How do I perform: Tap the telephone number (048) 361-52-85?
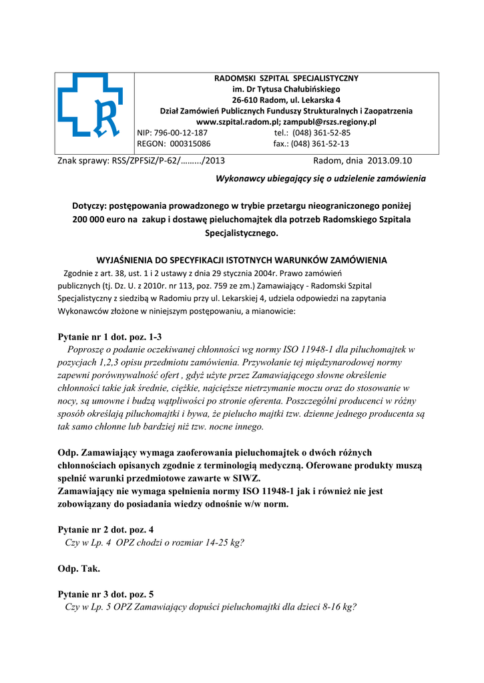pos(322,133)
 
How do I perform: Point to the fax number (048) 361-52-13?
pos(322,143)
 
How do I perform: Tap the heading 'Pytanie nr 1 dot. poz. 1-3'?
pos(110,337)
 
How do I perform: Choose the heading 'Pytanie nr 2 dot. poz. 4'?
pos(106,530)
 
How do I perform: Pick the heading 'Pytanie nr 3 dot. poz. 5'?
pos(106,594)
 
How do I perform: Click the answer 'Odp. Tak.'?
pos(79,569)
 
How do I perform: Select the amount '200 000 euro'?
pos(101,219)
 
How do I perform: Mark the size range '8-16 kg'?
pos(335,607)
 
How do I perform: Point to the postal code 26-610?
pos(244,100)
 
